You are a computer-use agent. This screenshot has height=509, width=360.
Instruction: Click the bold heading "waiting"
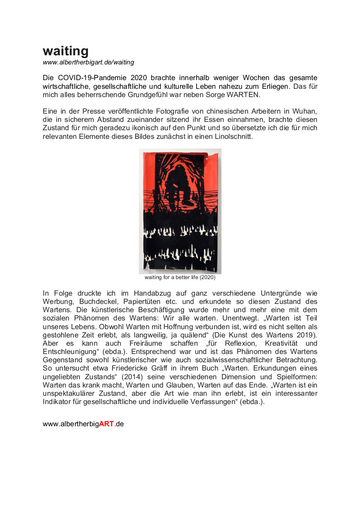65,51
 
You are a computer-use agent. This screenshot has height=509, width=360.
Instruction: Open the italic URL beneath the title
88,63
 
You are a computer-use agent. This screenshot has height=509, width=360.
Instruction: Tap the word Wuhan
305,111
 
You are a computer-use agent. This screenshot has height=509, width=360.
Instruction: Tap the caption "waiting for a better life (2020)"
180,277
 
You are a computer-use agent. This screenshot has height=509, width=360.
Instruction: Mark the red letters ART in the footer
106,424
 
